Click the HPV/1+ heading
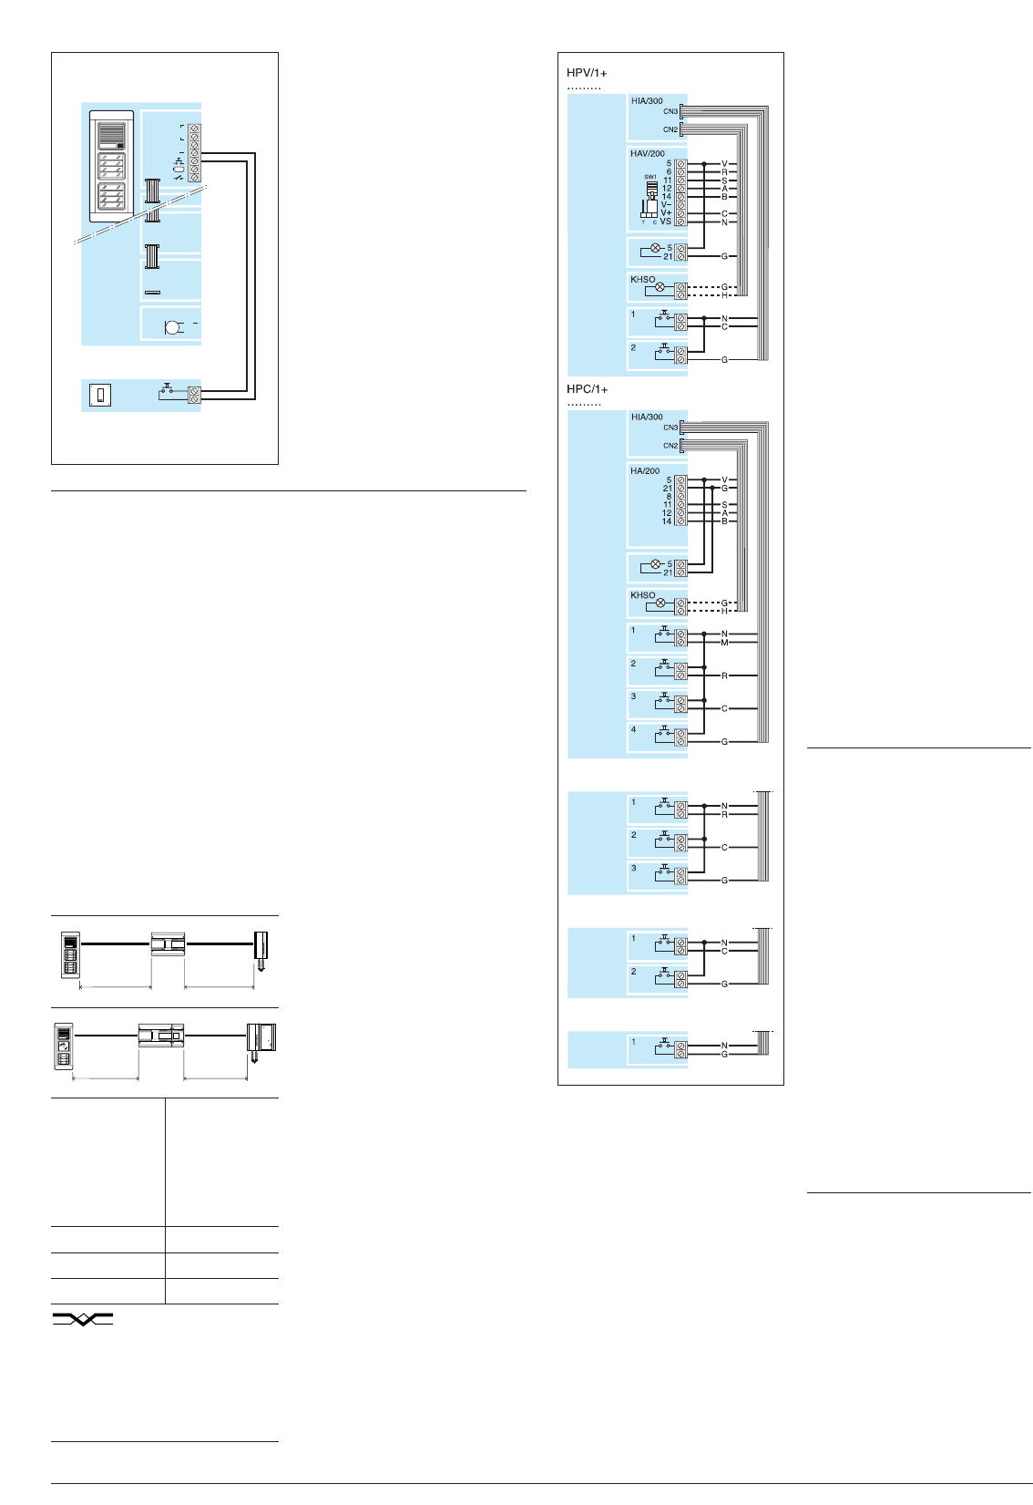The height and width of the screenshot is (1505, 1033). (587, 73)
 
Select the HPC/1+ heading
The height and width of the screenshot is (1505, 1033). (587, 389)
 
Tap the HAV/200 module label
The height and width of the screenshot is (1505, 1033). (647, 154)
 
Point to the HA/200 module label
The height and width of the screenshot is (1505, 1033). (644, 471)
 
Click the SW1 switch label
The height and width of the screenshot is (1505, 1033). (649, 177)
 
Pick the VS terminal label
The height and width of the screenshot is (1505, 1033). (665, 222)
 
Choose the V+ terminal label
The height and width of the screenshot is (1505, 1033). (665, 213)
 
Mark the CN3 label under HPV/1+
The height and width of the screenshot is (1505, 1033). (670, 111)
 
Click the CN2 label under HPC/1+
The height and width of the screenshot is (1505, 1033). (670, 446)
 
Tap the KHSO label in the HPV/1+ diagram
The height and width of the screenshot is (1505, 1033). (642, 280)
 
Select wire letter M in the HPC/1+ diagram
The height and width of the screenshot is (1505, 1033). (724, 643)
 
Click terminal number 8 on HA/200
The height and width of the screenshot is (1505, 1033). (668, 497)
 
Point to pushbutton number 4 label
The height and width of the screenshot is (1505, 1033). (634, 729)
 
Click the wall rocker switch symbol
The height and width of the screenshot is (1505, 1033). (100, 395)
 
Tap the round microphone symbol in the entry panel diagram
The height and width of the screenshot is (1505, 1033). (172, 327)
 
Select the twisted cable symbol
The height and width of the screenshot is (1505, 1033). (82, 1319)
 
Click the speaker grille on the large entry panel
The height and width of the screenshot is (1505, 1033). (111, 136)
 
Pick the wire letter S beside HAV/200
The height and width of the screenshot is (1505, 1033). (724, 180)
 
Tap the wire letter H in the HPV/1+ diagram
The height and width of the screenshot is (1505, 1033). (724, 295)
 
